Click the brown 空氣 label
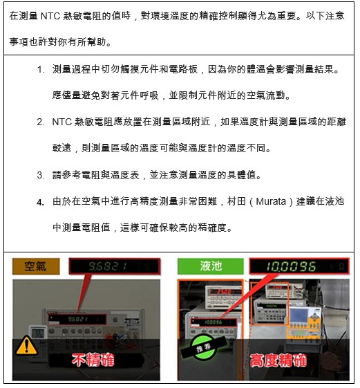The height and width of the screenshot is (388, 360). pos(36,266)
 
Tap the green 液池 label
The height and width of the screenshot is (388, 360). pos(211,266)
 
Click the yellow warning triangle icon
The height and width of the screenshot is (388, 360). pos(26,345)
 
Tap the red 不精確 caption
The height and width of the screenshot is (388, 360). pos(93,360)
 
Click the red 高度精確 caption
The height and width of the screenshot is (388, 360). pos(278,360)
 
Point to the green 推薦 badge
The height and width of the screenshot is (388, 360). pos(203,348)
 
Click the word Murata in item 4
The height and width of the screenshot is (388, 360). pos(271,201)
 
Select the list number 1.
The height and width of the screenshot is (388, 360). pos(41,70)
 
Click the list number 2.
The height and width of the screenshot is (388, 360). pos(41,122)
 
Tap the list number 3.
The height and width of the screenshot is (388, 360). pos(41,175)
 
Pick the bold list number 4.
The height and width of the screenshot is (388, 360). pos(41,203)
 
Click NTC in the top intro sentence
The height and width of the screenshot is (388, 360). pos(50,16)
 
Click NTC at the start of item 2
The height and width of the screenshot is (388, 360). pos(61,122)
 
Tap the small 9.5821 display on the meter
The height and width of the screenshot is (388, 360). pos(77,319)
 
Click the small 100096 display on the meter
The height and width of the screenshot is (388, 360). pos(213,322)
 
